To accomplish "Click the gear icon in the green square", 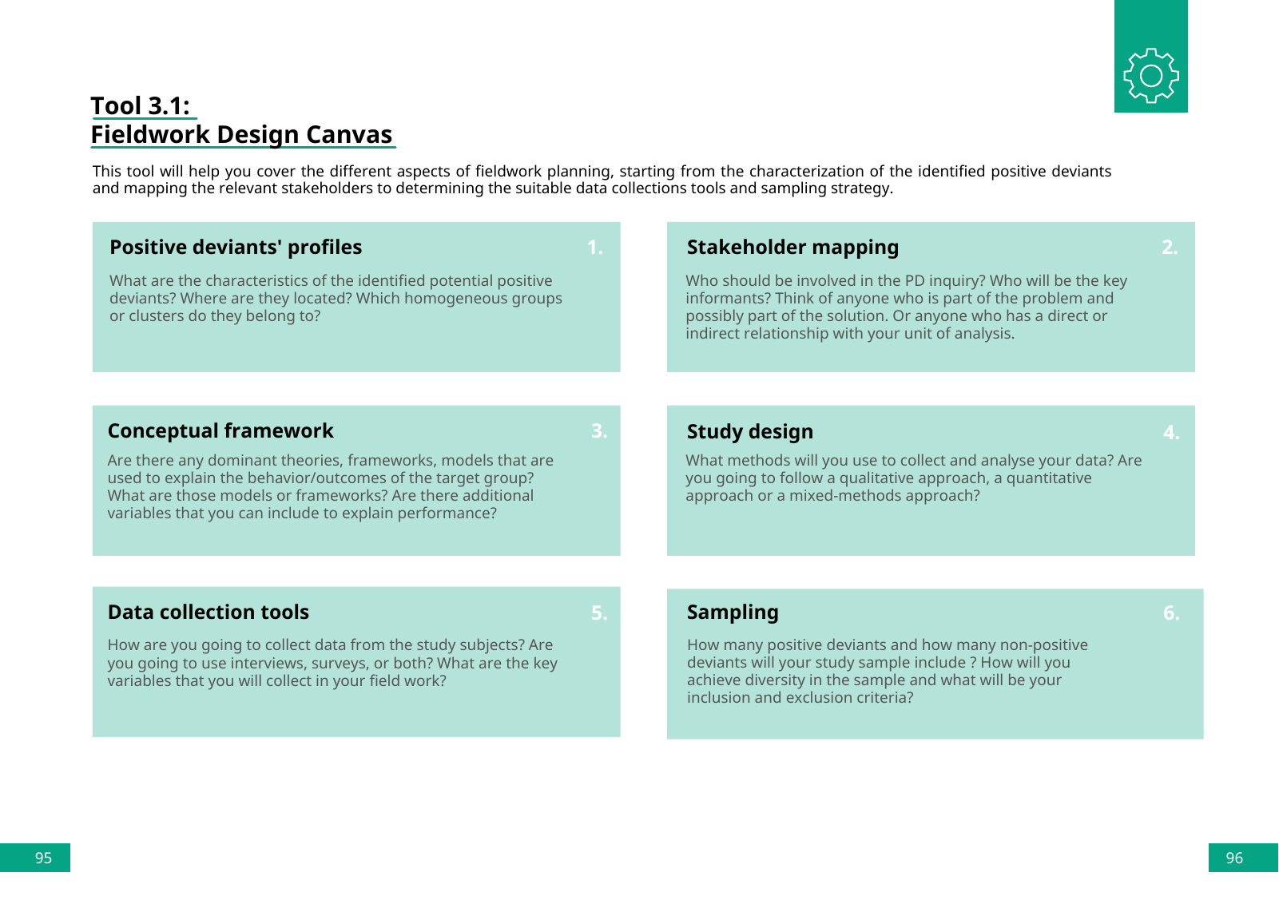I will [x=1150, y=75].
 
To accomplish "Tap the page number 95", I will [x=43, y=858].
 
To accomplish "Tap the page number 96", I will [x=1234, y=858].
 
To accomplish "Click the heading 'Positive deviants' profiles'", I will [x=236, y=248].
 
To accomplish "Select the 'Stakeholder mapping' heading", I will [x=792, y=248].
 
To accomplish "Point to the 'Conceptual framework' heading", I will [x=220, y=431].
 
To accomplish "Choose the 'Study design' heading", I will [x=749, y=432].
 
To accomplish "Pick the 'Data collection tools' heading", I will [x=209, y=613].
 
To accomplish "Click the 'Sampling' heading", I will [x=733, y=613].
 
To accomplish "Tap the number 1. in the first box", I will [x=595, y=248].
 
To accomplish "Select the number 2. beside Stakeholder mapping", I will [x=1170, y=248].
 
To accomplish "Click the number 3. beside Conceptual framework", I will [x=599, y=431].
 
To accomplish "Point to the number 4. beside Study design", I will [x=1171, y=433].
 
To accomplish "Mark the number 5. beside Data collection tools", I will [x=599, y=613].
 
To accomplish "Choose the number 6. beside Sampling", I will [x=1171, y=613].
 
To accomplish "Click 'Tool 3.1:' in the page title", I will [x=141, y=106].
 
